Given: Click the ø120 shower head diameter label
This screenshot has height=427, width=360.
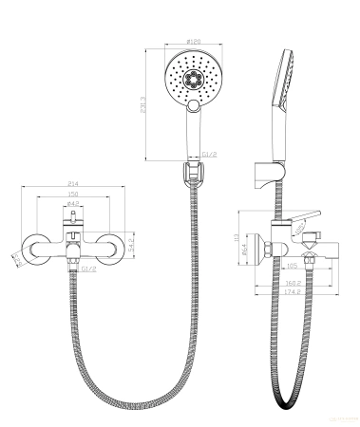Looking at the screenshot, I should (x=196, y=42).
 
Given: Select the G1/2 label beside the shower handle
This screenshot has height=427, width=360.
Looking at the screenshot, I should (x=210, y=152).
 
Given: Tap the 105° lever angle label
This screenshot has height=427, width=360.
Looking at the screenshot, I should (x=298, y=229).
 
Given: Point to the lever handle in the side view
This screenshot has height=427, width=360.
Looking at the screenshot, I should (x=302, y=217).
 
